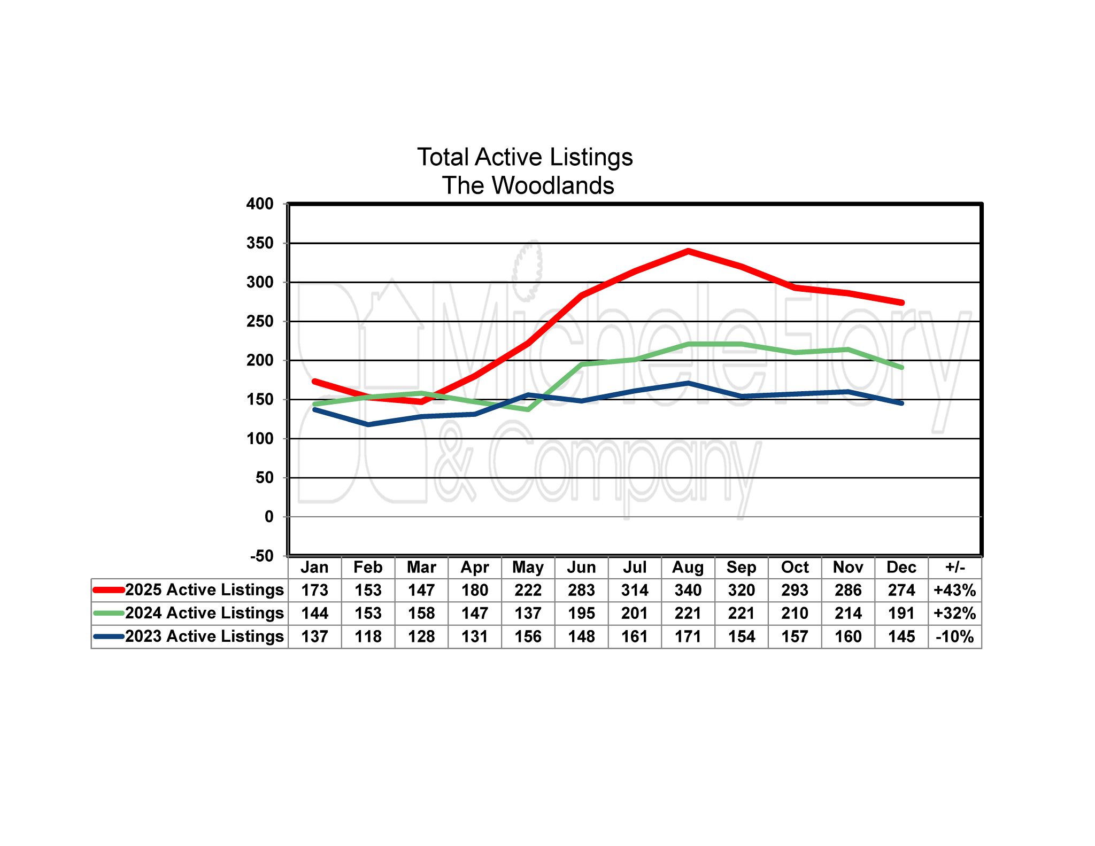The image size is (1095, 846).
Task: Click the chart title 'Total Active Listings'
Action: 525,157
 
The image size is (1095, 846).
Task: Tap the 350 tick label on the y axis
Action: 260,243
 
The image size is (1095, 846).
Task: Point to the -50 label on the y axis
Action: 261,556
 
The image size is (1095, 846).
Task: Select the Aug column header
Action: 688,567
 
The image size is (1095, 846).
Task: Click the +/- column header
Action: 955,567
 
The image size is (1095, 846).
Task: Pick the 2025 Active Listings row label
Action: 204,589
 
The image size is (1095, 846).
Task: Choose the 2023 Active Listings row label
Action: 204,636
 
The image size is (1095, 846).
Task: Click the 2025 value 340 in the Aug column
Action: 688,590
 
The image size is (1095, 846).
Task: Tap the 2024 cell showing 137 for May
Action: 528,613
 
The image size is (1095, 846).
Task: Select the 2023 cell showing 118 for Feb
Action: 368,637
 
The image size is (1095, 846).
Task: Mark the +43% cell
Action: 955,590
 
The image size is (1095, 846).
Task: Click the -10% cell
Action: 955,637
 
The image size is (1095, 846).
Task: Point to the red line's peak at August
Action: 688,251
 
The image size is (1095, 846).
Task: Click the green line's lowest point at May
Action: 528,409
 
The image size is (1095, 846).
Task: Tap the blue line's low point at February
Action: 368,424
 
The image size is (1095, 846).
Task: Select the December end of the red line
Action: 901,302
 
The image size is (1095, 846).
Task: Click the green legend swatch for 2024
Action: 109,613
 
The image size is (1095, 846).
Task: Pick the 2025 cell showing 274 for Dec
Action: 901,590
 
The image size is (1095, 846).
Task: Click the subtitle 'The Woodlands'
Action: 528,185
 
